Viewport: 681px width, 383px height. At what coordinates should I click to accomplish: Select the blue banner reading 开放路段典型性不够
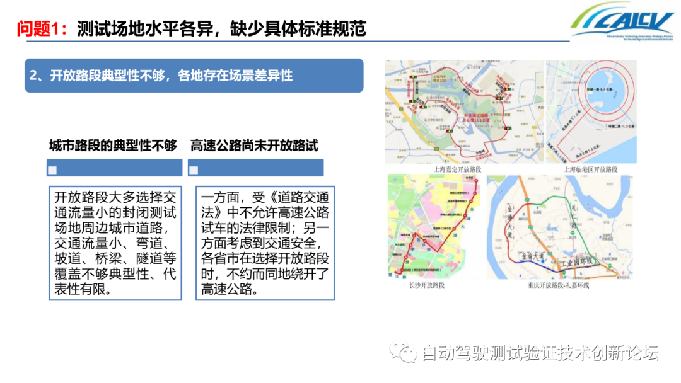click(x=194, y=76)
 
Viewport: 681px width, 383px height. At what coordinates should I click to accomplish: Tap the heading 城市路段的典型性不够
click(x=113, y=146)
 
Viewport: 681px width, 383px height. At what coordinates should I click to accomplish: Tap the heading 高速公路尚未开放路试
click(x=254, y=146)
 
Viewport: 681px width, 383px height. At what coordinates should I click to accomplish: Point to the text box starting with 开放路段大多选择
click(x=115, y=243)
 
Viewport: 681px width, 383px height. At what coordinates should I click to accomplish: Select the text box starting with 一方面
click(x=265, y=243)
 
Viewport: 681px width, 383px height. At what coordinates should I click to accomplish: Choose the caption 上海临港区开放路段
click(x=591, y=169)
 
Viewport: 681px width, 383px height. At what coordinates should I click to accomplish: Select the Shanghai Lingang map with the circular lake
click(x=591, y=111)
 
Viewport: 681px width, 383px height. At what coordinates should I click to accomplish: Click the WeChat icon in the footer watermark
click(x=403, y=352)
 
